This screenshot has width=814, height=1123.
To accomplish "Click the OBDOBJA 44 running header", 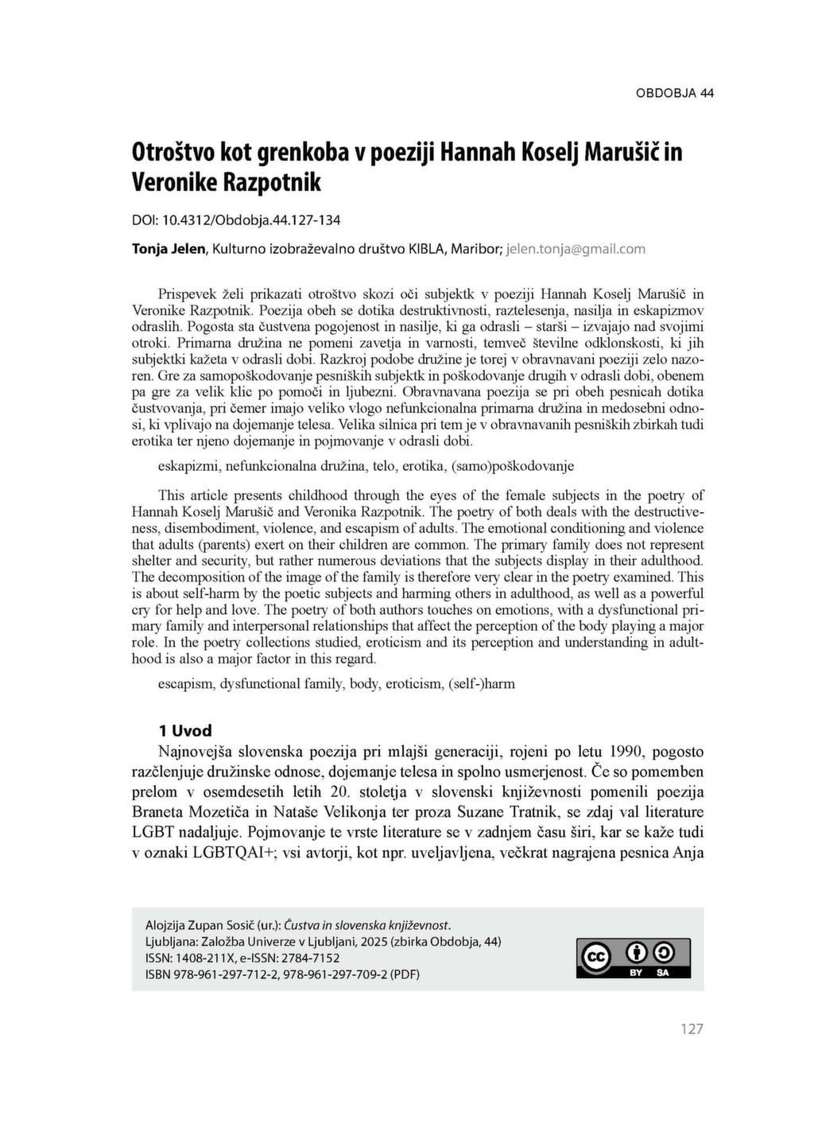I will pyautogui.click(x=674, y=93).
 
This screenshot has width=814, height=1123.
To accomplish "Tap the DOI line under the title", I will pyautogui.click(x=236, y=219).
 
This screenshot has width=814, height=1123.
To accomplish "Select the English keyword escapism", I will pyautogui.click(x=185, y=683).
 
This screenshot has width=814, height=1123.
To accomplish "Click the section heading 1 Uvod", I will pyautogui.click(x=185, y=731).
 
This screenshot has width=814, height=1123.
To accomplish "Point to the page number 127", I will pyautogui.click(x=692, y=1029).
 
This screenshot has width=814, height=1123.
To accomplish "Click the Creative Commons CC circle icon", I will pyautogui.click(x=596, y=958).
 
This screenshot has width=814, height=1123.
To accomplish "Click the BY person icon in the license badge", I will pyautogui.click(x=637, y=953).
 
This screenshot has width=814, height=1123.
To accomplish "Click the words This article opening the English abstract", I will pyautogui.click(x=190, y=495).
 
